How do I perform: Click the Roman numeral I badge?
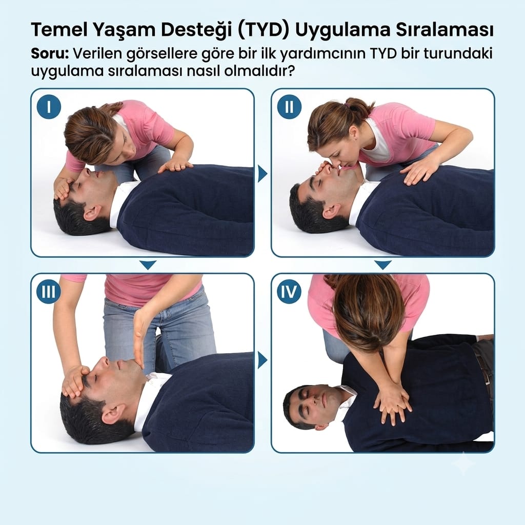(x=49, y=107)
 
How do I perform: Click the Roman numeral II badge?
(x=289, y=107)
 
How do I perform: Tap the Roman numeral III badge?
(x=49, y=292)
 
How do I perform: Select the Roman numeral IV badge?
(x=289, y=292)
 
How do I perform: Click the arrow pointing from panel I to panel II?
(x=262, y=174)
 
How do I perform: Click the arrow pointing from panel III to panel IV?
(x=262, y=360)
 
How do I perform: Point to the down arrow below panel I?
(x=148, y=265)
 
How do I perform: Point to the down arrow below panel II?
(x=383, y=265)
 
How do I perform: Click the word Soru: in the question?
(x=50, y=54)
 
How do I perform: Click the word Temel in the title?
(x=59, y=30)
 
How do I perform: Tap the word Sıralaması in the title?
(x=445, y=30)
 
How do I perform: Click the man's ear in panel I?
(x=92, y=213)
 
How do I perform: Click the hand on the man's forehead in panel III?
(x=74, y=381)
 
